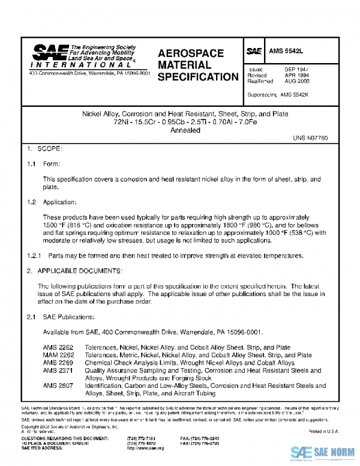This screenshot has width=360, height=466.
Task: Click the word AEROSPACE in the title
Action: click(x=191, y=53)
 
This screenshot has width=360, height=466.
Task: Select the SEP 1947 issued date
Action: click(x=296, y=70)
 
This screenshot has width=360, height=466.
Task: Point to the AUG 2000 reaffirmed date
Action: click(x=296, y=82)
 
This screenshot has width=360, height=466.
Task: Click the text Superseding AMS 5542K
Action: click(x=277, y=95)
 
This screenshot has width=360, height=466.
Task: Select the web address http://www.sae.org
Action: click(x=143, y=448)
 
